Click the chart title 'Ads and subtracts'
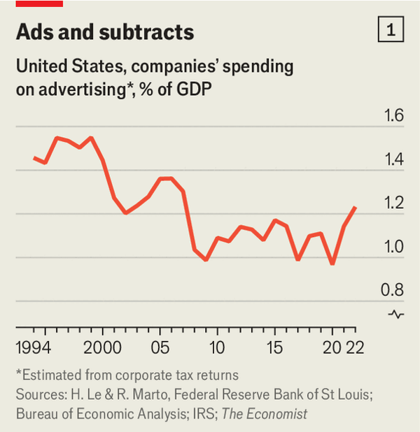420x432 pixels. coord(105,32)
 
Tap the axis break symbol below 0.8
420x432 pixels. coord(395,314)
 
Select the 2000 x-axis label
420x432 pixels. coord(103,347)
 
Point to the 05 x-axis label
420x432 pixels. coord(161,347)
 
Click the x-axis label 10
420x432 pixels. coord(217,347)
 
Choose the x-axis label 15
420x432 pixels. coord(275,347)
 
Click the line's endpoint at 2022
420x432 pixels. coord(356,208)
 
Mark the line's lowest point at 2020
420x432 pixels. coord(332,264)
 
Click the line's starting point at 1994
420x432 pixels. coord(34,158)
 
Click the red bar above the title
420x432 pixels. coord(39,3)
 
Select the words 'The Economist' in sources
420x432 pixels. coord(265,414)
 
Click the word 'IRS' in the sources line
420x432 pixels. coord(206,414)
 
